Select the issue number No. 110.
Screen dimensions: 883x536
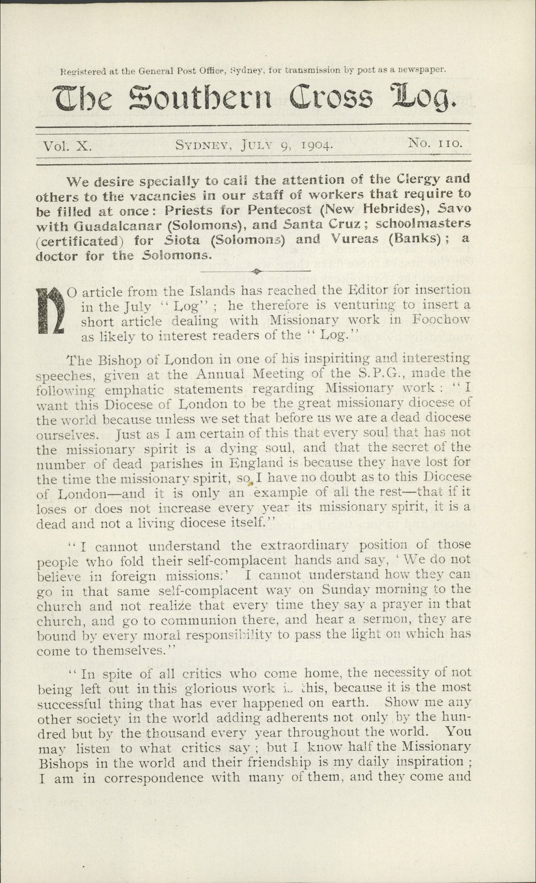tap(435, 143)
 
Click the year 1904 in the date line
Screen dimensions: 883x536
tap(318, 145)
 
